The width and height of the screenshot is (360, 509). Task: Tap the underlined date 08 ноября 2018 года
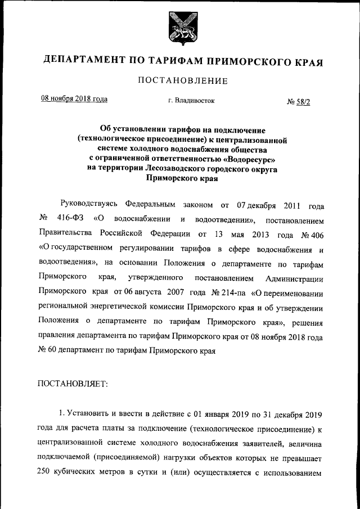point(74,100)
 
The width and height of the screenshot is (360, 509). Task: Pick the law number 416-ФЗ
point(70,218)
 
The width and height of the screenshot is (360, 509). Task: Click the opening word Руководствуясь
point(88,204)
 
